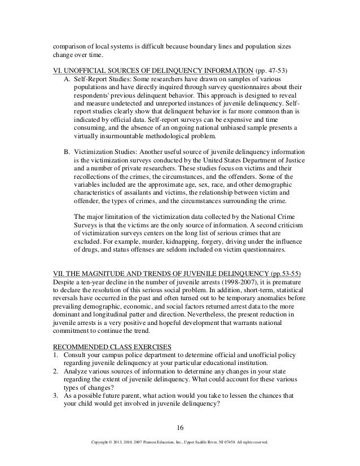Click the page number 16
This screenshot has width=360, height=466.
(179, 418)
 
